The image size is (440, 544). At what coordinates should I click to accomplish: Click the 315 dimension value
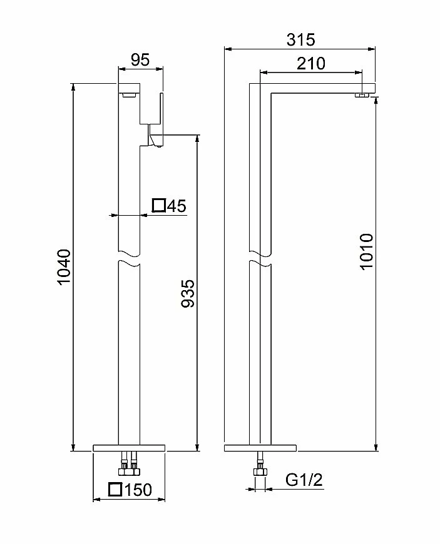tap(301, 39)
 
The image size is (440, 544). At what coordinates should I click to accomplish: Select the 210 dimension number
tap(311, 64)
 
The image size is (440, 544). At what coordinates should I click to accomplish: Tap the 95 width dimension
tap(140, 59)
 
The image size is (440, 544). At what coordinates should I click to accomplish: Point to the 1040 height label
tap(64, 266)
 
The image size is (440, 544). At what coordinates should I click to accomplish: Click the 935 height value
tap(188, 293)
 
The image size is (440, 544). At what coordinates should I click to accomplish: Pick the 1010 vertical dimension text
tap(366, 251)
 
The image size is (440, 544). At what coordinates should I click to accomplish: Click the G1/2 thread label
tap(304, 480)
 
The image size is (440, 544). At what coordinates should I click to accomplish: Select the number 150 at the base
tap(138, 490)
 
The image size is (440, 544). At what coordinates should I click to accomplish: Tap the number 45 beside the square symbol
tap(177, 206)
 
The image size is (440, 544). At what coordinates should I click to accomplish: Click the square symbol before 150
tap(115, 489)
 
